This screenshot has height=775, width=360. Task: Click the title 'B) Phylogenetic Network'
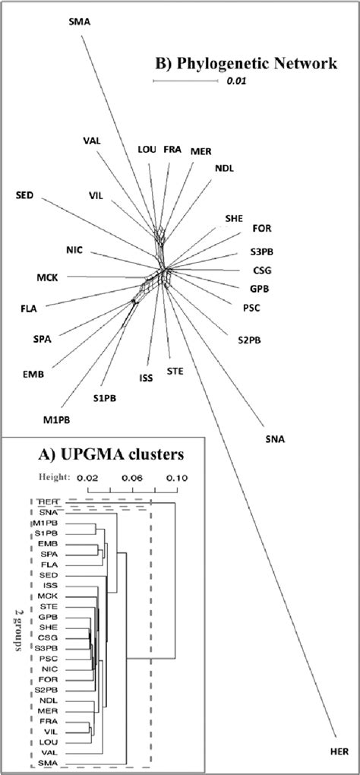[246, 64]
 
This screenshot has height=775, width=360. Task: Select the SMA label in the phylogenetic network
[79, 22]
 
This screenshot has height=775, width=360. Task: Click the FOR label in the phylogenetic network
[261, 227]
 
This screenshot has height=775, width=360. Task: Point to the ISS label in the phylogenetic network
[147, 377]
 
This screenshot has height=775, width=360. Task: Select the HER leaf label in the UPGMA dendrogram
[47, 502]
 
